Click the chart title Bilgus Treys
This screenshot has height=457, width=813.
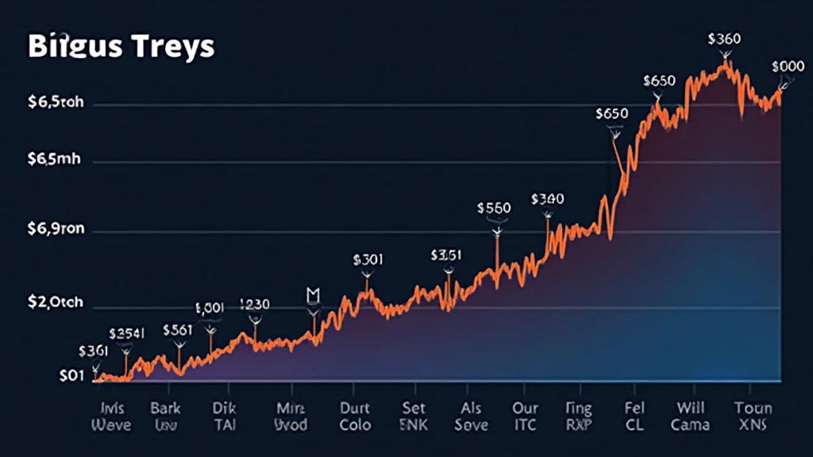[121, 46]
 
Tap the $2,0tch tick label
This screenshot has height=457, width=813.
[56, 303]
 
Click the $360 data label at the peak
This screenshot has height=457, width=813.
[724, 38]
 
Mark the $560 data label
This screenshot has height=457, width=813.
[494, 207]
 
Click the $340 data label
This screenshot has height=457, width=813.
[547, 198]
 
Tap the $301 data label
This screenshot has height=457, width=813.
[368, 259]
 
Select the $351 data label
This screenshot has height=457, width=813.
[445, 255]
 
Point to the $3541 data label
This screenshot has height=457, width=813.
[126, 333]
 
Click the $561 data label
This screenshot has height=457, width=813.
[177, 330]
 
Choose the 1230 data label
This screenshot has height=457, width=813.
[254, 304]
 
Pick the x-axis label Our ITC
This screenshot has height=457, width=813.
[524, 417]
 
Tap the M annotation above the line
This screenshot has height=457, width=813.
[313, 294]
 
